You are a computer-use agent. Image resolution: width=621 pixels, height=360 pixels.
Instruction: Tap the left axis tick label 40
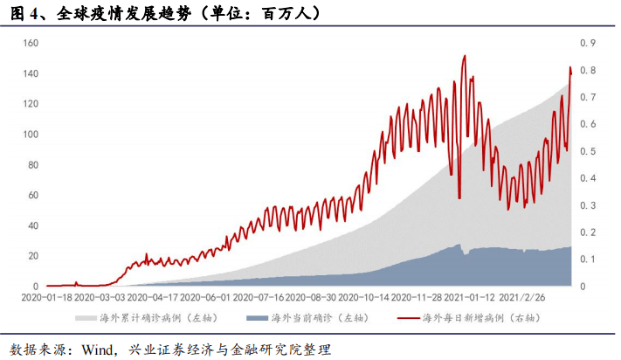(x=31, y=225)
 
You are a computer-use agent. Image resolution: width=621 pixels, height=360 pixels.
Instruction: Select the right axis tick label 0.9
(x=588, y=43)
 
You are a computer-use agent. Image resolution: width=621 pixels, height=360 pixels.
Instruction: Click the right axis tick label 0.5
(x=588, y=151)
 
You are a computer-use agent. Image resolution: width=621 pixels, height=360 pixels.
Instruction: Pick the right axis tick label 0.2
(x=588, y=232)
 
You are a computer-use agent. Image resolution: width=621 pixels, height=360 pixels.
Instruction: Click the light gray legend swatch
(x=83, y=319)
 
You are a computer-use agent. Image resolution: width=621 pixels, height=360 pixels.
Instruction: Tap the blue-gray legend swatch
(x=255, y=319)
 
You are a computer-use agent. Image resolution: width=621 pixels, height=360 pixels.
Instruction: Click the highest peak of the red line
(x=464, y=56)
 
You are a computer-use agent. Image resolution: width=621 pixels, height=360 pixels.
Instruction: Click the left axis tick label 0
(x=37, y=287)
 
